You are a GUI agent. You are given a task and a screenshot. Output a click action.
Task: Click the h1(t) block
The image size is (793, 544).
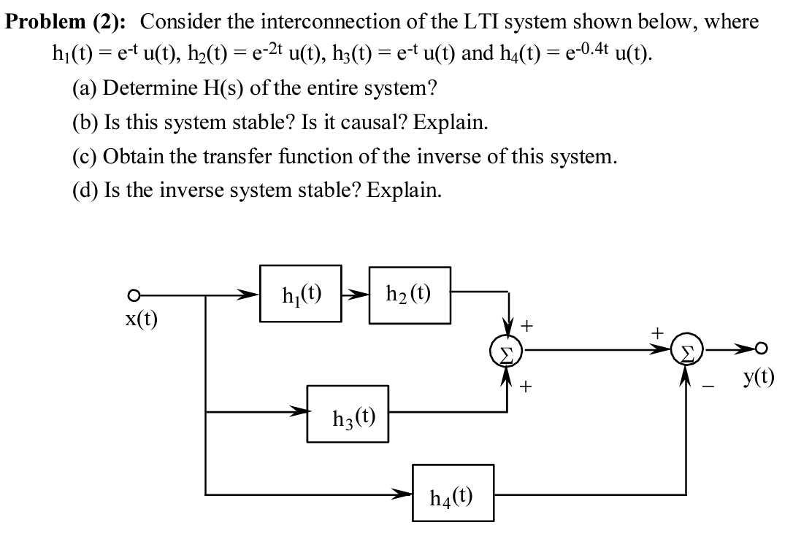click(302, 295)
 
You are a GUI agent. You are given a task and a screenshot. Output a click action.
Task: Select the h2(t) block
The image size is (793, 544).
click(409, 295)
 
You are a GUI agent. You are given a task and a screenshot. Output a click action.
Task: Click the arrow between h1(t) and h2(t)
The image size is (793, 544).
click(356, 295)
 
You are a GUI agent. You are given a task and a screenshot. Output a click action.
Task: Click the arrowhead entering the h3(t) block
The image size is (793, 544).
click(299, 413)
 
